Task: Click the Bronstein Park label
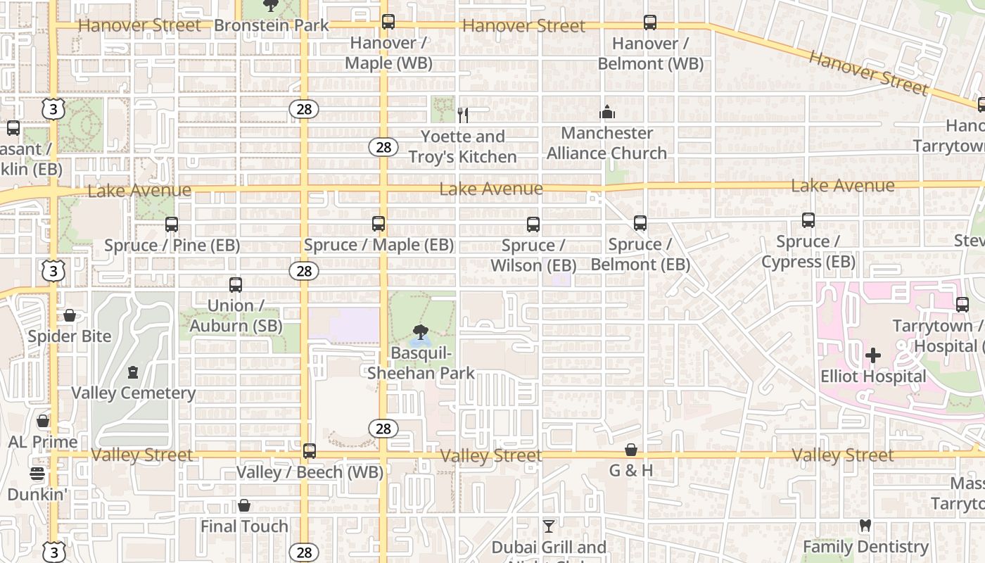pyautogui.click(x=271, y=26)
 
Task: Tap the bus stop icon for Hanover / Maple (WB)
pyautogui.click(x=388, y=22)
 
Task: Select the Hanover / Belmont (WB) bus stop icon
pyautogui.click(x=650, y=23)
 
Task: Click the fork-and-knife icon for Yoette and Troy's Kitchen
pyautogui.click(x=462, y=115)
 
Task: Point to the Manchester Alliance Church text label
pyautogui.click(x=606, y=143)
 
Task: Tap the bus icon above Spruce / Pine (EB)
pyautogui.click(x=172, y=224)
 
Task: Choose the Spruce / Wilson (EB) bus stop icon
pyautogui.click(x=533, y=224)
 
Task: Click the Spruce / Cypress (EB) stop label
pyautogui.click(x=808, y=252)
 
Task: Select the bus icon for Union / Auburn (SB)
pyautogui.click(x=236, y=285)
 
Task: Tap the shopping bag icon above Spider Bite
pyautogui.click(x=70, y=315)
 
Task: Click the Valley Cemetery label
pyautogui.click(x=133, y=393)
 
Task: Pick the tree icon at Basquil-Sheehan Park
pyautogui.click(x=421, y=331)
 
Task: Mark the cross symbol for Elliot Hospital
pyautogui.click(x=873, y=355)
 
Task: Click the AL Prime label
pyautogui.click(x=43, y=442)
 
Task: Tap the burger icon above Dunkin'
pyautogui.click(x=37, y=473)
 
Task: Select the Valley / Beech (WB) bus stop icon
pyautogui.click(x=310, y=451)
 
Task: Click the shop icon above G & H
pyautogui.click(x=631, y=450)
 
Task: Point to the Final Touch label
pyautogui.click(x=244, y=526)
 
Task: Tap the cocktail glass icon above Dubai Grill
pyautogui.click(x=549, y=526)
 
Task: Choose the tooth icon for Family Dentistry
pyautogui.click(x=865, y=526)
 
